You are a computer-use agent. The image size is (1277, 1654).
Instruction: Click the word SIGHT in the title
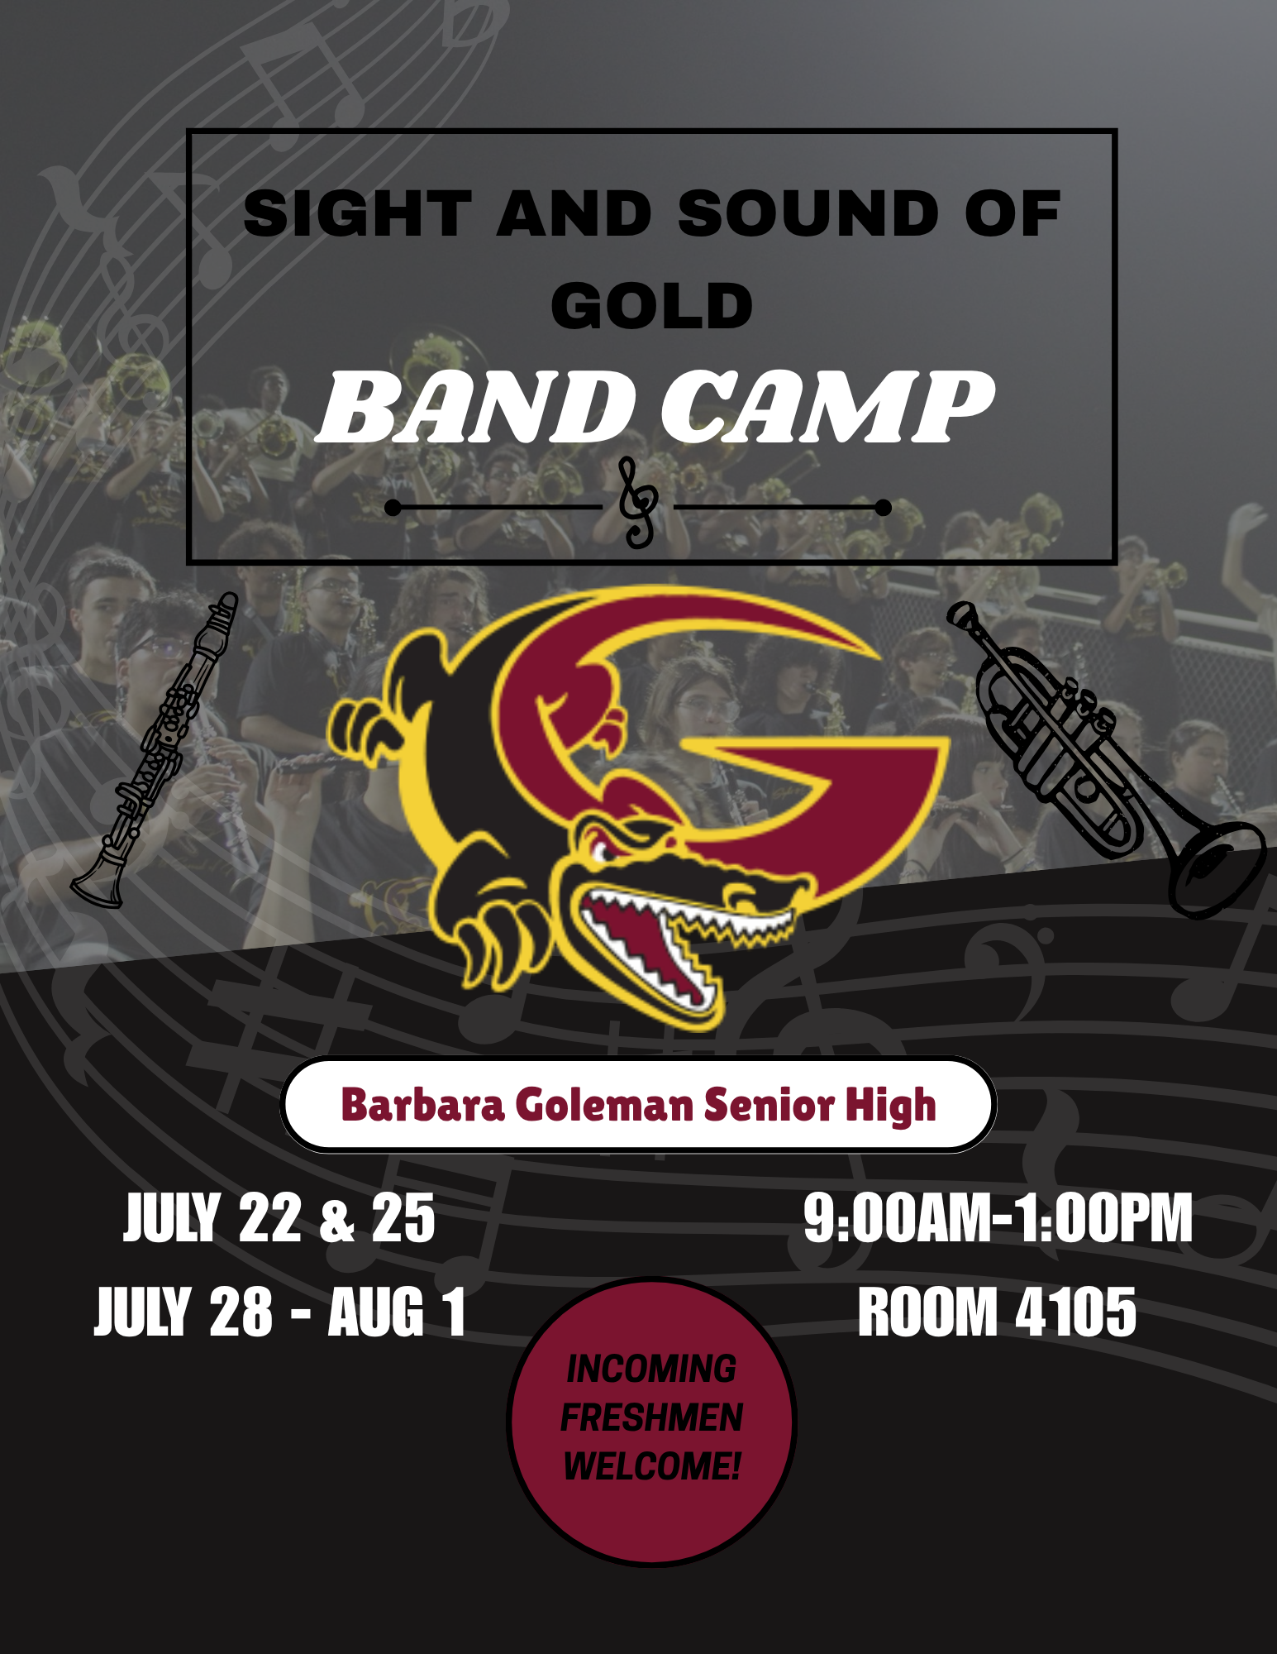click(357, 213)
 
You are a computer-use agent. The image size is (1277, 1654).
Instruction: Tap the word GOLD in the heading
click(652, 305)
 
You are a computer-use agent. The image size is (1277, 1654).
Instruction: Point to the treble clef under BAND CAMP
click(639, 502)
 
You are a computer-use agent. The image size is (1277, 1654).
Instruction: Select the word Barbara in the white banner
click(422, 1105)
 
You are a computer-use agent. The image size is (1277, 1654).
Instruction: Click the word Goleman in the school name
click(605, 1105)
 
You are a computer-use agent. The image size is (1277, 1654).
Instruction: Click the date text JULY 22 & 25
click(279, 1217)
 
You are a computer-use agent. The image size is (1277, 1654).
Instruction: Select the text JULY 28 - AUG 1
click(280, 1312)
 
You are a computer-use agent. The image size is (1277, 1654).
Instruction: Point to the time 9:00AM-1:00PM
click(998, 1217)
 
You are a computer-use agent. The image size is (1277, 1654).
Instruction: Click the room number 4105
click(1076, 1312)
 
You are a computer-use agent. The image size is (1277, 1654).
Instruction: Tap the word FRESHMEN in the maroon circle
click(651, 1417)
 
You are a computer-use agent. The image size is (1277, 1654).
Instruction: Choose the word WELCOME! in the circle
click(651, 1466)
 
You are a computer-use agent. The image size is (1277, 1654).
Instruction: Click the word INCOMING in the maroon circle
click(651, 1369)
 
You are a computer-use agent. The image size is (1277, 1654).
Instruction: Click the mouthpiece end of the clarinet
click(225, 604)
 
